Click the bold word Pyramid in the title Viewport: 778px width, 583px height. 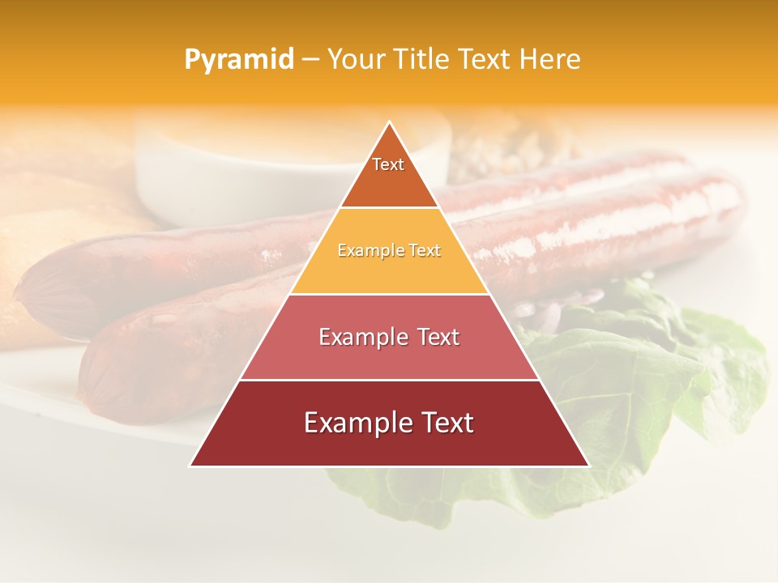tap(238, 60)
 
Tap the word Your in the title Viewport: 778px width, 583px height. tap(356, 60)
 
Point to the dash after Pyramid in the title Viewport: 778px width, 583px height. tap(310, 60)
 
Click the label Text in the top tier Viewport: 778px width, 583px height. tap(388, 164)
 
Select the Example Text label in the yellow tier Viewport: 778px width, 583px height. tap(389, 250)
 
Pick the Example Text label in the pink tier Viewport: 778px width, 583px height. tap(389, 337)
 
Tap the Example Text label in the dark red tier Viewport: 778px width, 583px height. tap(389, 423)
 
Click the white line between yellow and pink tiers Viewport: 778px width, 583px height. tap(389, 294)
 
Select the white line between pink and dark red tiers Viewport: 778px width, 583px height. tap(389, 380)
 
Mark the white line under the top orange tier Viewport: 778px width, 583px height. tap(389, 208)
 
